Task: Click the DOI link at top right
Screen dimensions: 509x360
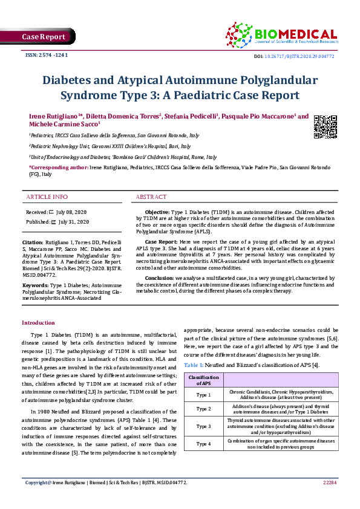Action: pyautogui.click(x=304, y=56)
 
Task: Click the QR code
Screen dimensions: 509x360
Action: pyautogui.click(x=326, y=126)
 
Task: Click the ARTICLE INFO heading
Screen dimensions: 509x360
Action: pyautogui.click(x=47, y=197)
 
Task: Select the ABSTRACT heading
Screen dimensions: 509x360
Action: pyautogui.click(x=151, y=197)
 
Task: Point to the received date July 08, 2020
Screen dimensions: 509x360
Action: pyautogui.click(x=71, y=213)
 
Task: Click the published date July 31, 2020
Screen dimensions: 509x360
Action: pyautogui.click(x=73, y=222)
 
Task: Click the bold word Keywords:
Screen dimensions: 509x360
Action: pyautogui.click(x=35, y=284)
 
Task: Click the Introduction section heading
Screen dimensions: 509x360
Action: pyautogui.click(x=38, y=323)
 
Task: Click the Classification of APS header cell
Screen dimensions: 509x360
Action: pyautogui.click(x=203, y=380)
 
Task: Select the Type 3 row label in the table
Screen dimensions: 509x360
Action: pyautogui.click(x=203, y=426)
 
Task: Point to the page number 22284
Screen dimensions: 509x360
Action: pyautogui.click(x=329, y=483)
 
